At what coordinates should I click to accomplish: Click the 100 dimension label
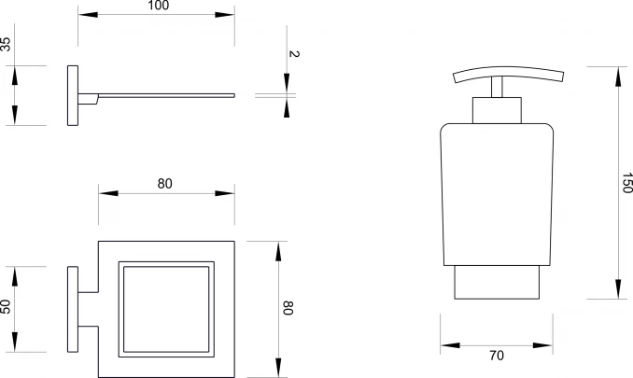pos(159,6)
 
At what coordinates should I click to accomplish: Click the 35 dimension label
pos(6,44)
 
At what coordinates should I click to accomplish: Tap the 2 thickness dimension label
pos(294,53)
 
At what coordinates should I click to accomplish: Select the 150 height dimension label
pos(627,183)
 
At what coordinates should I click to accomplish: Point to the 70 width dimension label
pos(497,356)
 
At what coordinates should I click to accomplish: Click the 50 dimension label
pos(6,306)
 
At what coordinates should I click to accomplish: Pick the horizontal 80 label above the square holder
pos(164,184)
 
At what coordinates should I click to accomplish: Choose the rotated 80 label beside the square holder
pos(288,308)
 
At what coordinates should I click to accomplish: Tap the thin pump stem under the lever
pos(497,87)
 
